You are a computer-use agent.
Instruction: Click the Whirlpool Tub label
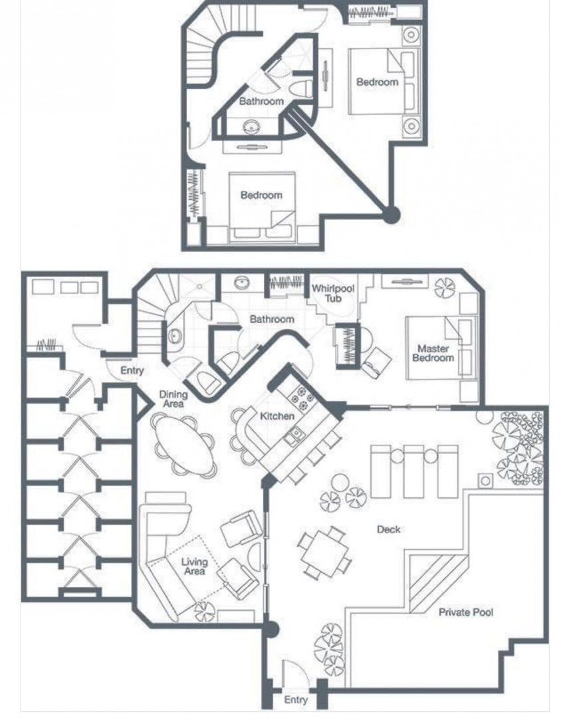(x=333, y=294)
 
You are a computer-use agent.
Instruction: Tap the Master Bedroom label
(x=433, y=353)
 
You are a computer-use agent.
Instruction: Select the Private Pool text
(x=466, y=612)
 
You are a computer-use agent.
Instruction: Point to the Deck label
(x=388, y=529)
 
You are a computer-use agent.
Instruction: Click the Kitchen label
(x=277, y=416)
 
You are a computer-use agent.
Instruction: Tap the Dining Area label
(x=173, y=398)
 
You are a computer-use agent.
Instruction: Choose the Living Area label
(x=194, y=566)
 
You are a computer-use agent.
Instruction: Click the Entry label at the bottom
(x=295, y=699)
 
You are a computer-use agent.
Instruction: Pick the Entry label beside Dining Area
(x=132, y=370)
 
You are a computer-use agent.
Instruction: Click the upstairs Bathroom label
(x=261, y=101)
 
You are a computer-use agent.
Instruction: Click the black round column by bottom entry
(x=270, y=630)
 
